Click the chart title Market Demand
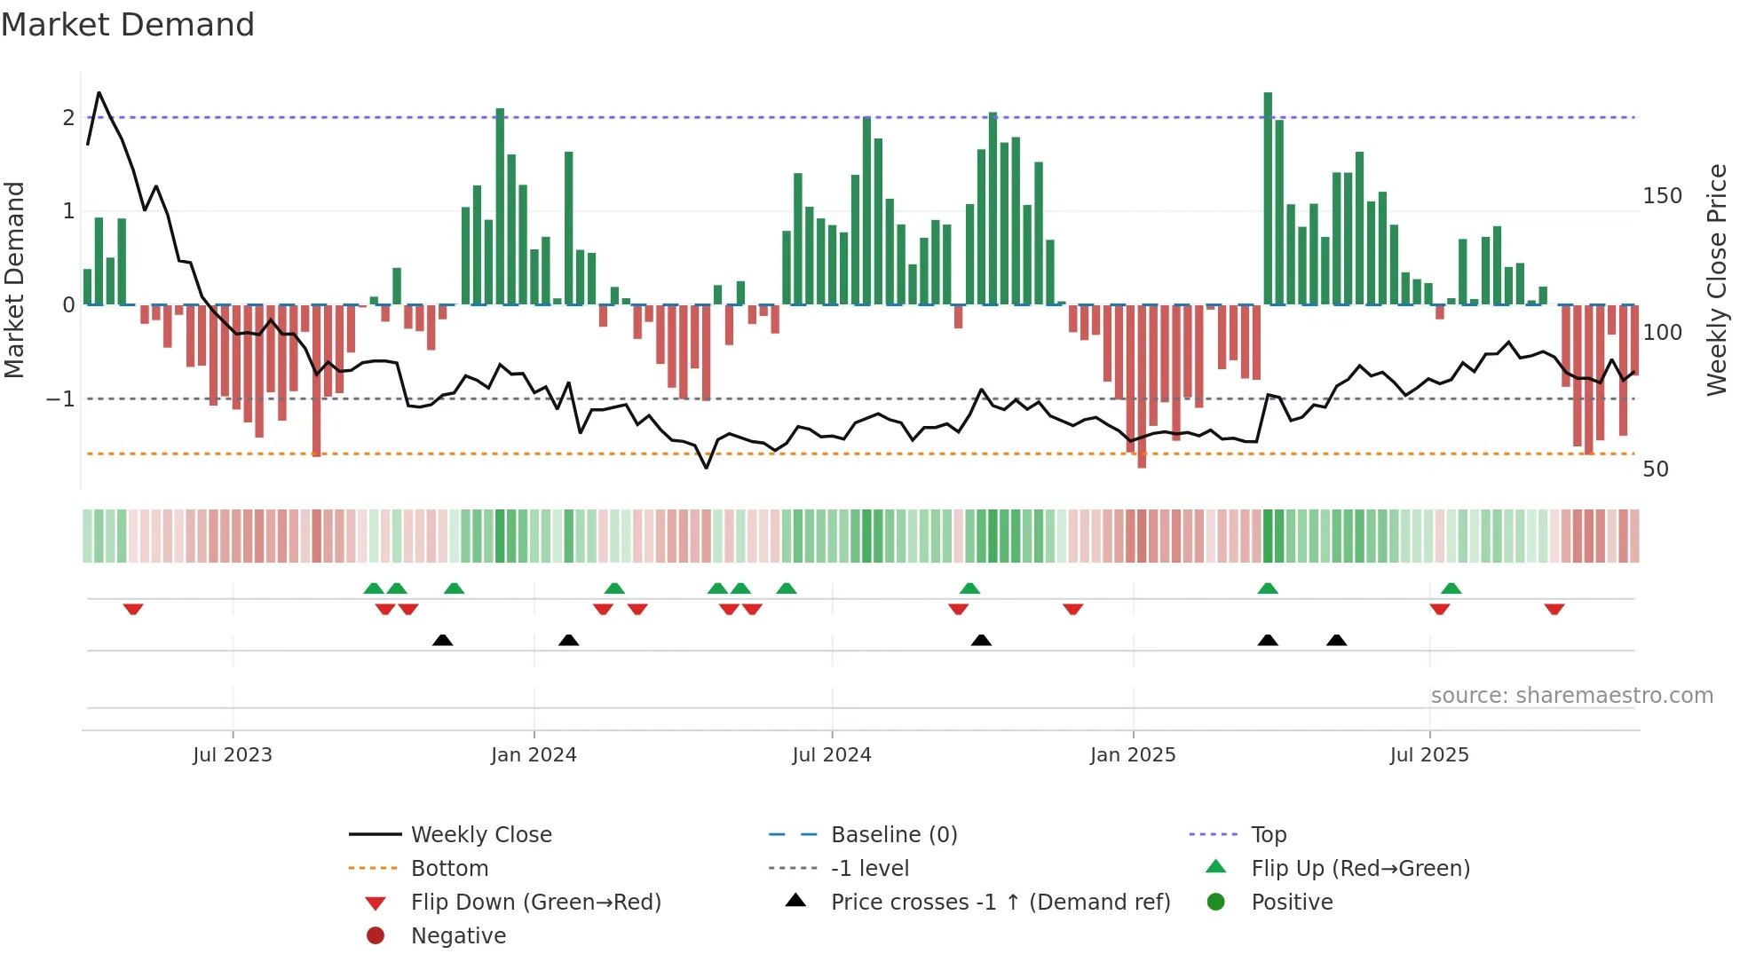[128, 25]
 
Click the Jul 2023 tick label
[233, 755]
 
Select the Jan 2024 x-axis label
[534, 755]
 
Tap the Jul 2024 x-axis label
[832, 755]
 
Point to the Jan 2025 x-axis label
[1133, 755]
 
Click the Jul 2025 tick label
[1429, 755]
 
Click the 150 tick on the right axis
[1662, 196]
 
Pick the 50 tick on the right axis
[1656, 469]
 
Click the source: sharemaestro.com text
[1571, 696]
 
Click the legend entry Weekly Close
[480, 835]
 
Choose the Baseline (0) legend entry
[893, 835]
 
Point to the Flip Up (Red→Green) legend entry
[1360, 869]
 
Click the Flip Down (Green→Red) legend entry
[535, 903]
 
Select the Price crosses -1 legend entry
[1000, 903]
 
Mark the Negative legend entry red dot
[376, 936]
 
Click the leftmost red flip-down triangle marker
[133, 609]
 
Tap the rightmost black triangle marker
[1336, 640]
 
